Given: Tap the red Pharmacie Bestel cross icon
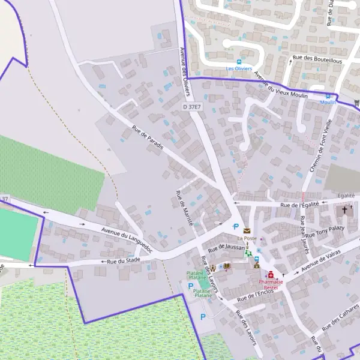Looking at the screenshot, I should coord(271,275).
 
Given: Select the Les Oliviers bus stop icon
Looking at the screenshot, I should coord(239,62).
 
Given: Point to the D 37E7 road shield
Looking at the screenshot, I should coord(192,106).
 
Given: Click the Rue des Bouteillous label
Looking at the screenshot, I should coord(317,59).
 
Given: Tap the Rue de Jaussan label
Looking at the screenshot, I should coord(225,247).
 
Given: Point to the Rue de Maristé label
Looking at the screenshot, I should coord(184,208).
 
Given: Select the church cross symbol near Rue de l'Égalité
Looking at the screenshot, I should coord(344,209).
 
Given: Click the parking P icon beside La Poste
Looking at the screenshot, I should coord(235,227).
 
